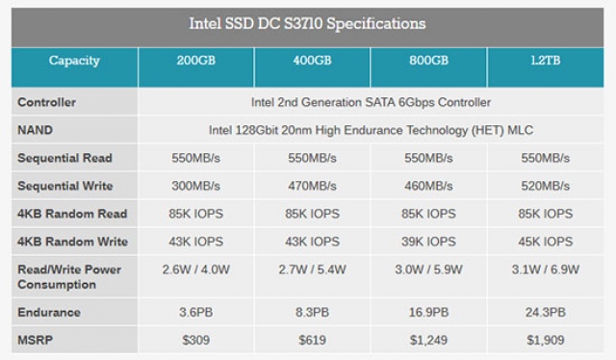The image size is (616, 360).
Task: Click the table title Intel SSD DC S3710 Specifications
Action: click(x=308, y=22)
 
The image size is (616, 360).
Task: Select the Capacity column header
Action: click(x=75, y=61)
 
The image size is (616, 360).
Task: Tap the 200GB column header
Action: click(x=196, y=61)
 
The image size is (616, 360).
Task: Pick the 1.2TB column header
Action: click(x=545, y=61)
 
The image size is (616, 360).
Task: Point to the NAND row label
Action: click(x=35, y=130)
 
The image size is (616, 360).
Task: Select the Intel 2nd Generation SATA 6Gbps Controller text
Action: click(x=371, y=102)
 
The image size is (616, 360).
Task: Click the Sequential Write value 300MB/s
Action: click(x=196, y=186)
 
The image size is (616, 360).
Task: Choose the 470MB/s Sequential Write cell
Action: click(x=312, y=186)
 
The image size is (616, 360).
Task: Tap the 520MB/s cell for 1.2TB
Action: click(x=545, y=186)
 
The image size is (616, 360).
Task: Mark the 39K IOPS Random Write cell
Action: click(x=428, y=242)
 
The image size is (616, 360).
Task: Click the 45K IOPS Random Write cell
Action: click(x=545, y=242)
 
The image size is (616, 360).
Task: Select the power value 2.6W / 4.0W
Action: click(x=196, y=270)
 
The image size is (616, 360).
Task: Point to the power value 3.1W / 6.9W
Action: click(x=545, y=270)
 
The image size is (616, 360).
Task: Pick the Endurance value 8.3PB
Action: click(x=312, y=313)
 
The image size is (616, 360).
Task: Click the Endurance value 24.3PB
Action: click(x=545, y=313)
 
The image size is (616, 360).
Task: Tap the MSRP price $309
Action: click(x=196, y=340)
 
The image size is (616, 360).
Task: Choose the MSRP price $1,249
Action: click(x=428, y=340)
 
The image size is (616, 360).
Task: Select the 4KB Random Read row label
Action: click(x=72, y=214)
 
